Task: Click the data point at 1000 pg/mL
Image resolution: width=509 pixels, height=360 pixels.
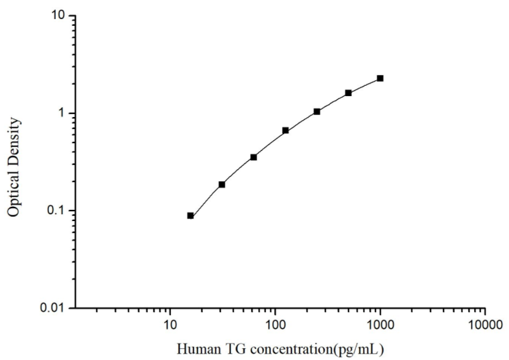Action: pyautogui.click(x=380, y=78)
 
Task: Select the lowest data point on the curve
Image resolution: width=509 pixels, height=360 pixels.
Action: pyautogui.click(x=190, y=216)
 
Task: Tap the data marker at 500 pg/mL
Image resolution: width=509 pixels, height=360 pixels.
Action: pyautogui.click(x=349, y=93)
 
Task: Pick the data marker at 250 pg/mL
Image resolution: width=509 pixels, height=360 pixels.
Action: pyautogui.click(x=317, y=111)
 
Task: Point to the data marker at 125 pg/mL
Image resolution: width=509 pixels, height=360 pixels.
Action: pyautogui.click(x=285, y=130)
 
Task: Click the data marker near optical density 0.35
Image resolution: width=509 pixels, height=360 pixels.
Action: pyautogui.click(x=254, y=157)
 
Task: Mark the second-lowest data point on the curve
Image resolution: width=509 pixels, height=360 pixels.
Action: pyautogui.click(x=222, y=184)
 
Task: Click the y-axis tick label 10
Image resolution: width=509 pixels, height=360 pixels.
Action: pyautogui.click(x=59, y=16)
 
